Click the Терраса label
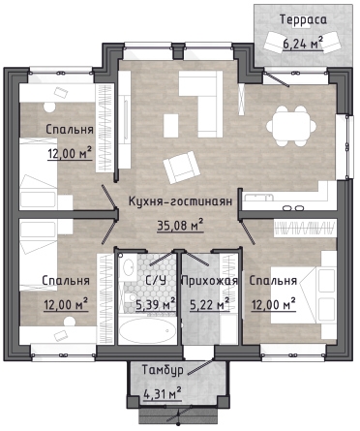pos(303,19)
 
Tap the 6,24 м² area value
pos(303,43)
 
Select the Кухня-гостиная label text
pos(180,201)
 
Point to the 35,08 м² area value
pos(180,225)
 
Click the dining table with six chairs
pos(291,126)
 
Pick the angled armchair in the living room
pos(180,168)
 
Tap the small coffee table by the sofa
pos(171,126)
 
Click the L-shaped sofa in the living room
pos(201,104)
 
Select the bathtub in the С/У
pos(147,330)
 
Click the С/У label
pos(156,280)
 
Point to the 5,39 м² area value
pos(156,305)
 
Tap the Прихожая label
pos(210,281)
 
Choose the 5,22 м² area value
pos(210,305)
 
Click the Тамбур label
pos(163,370)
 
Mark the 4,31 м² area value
pos(162,394)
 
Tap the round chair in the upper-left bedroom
pos(49,108)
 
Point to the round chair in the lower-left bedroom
pos(69,322)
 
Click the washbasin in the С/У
pos(128,266)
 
